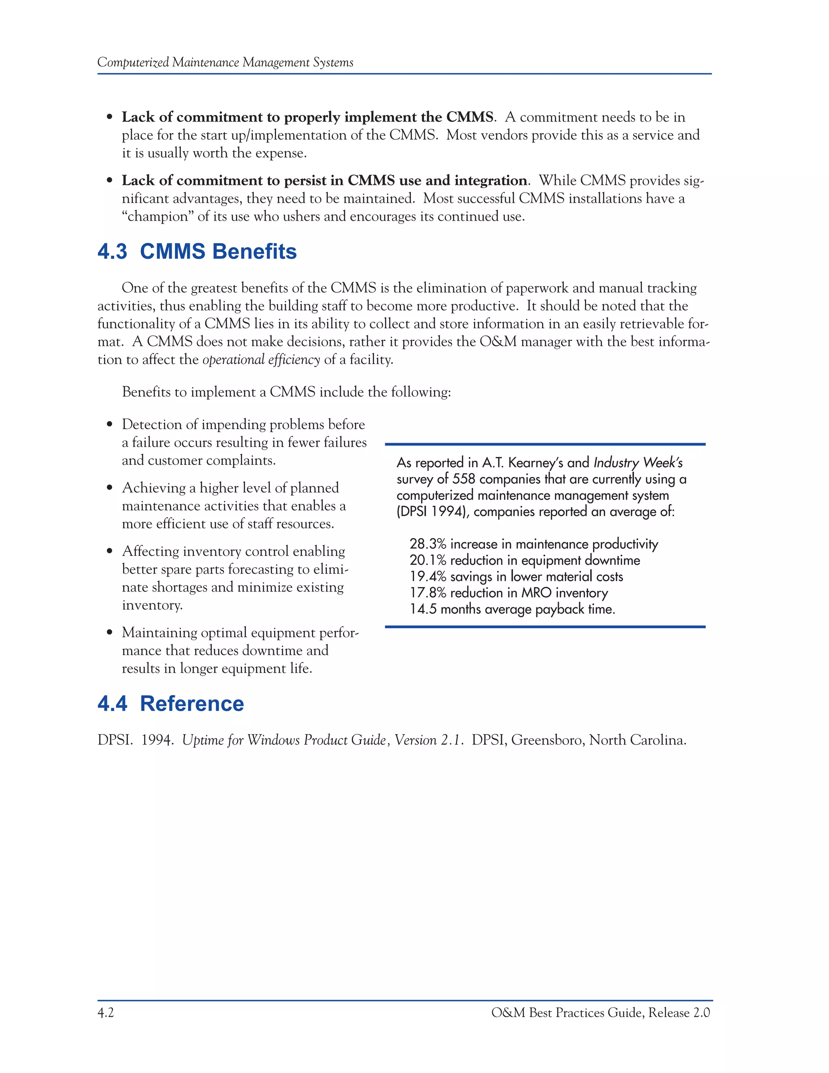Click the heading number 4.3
click(112, 251)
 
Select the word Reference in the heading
click(191, 704)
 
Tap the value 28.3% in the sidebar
click(428, 544)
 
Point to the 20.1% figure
click(428, 560)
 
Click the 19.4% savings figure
click(428, 576)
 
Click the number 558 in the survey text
click(463, 479)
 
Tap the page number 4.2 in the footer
click(106, 1013)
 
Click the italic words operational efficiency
click(261, 360)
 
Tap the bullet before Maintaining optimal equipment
click(110, 633)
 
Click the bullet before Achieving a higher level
click(110, 488)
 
